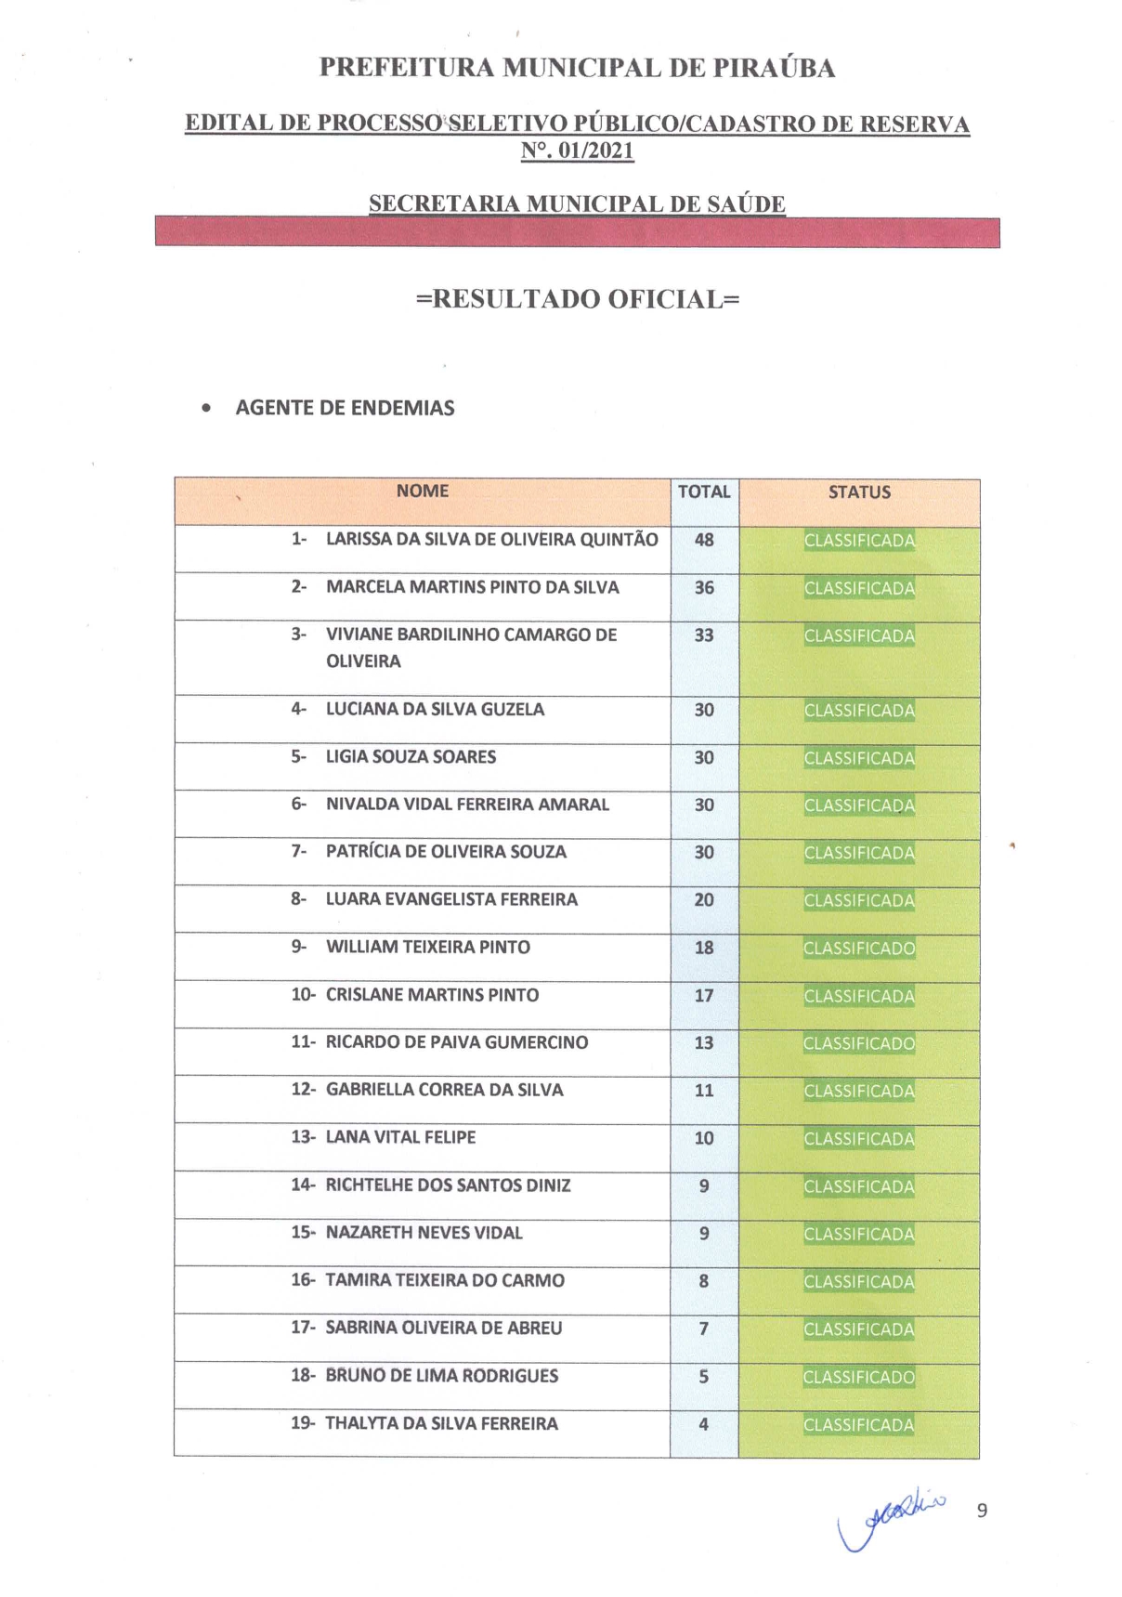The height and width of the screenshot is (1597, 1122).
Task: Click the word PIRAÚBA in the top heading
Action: (774, 68)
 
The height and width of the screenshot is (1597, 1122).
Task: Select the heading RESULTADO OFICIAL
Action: (577, 299)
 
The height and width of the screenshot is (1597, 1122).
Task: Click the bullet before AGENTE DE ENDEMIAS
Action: (206, 408)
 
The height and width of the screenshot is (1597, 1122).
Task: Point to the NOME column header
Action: (422, 491)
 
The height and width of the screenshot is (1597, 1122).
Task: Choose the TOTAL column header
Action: (704, 492)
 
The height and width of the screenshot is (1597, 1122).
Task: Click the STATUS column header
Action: (859, 492)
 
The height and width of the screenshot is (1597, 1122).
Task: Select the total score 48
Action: (704, 540)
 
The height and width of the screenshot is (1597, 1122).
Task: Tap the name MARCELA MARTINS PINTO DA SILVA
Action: (472, 587)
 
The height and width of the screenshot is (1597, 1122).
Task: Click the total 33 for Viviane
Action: (704, 635)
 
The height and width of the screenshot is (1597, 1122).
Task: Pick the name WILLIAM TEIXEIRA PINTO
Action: (427, 947)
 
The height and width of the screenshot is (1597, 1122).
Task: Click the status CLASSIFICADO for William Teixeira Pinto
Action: (859, 949)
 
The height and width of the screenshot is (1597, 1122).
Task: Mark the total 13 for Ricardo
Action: (704, 1043)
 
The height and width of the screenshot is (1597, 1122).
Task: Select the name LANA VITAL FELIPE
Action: (400, 1137)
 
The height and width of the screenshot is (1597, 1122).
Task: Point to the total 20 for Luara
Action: (704, 900)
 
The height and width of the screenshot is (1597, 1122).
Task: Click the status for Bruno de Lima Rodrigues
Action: (859, 1377)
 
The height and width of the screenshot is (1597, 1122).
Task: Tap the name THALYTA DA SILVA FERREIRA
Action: (441, 1423)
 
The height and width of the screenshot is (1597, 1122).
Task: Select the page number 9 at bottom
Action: (982, 1511)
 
